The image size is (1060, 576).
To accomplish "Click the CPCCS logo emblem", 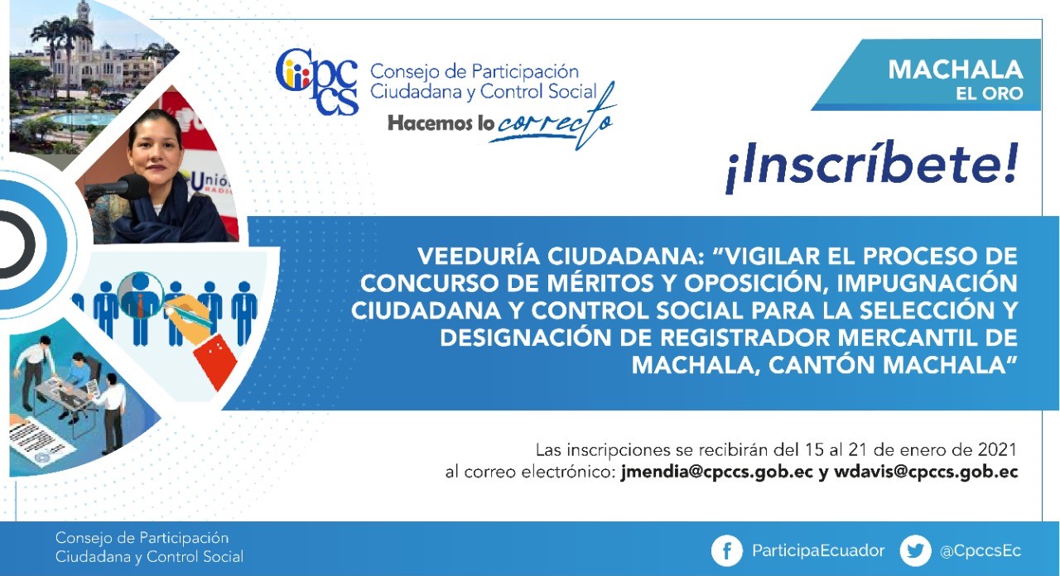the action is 316,81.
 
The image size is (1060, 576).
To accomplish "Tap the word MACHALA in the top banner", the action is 956,70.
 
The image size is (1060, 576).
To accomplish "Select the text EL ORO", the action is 989,94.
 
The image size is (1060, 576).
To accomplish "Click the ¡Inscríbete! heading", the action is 872,165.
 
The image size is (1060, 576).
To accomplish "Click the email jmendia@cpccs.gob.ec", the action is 717,472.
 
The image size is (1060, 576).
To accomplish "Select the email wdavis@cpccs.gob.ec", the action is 926,472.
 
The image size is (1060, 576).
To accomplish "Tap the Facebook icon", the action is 726,550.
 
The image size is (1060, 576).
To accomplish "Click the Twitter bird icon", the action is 915,550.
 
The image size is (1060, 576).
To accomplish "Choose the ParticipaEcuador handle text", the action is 818,550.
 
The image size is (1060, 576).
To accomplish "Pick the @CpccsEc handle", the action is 980,551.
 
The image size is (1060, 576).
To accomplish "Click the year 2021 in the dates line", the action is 997,449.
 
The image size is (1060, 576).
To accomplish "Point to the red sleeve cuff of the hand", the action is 216,359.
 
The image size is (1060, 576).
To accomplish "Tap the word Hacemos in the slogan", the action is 431,123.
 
